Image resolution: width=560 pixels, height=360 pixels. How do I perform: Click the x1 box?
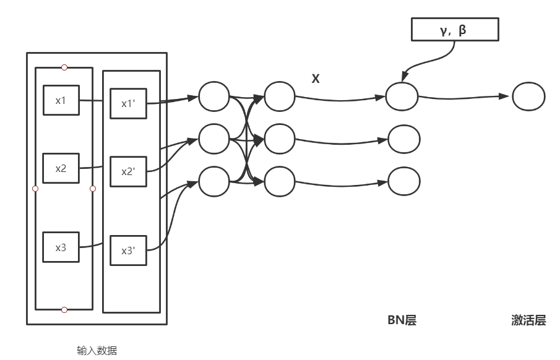coord(61,100)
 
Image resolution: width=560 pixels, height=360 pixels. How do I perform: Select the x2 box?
coord(61,168)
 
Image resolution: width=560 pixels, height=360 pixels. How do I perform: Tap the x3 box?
coord(61,247)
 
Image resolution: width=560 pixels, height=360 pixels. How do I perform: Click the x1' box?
coord(128,103)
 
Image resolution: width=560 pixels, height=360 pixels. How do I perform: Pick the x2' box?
coord(128,171)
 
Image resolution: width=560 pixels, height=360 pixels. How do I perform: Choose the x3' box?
coord(128,251)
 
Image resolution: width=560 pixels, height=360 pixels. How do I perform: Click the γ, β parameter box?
coord(455,29)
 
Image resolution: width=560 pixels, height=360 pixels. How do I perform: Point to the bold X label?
coord(315,79)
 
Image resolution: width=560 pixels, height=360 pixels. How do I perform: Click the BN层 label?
coord(401,320)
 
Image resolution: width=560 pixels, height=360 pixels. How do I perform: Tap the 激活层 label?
coord(528,320)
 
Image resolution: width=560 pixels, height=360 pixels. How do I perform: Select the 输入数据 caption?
coord(97,351)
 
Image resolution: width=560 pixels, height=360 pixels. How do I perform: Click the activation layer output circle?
coord(528,96)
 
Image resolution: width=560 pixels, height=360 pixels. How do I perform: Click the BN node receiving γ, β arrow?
coord(402,96)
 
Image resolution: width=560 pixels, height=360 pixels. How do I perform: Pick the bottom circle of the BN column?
coord(403,181)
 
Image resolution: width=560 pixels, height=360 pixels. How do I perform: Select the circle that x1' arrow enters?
coord(214,96)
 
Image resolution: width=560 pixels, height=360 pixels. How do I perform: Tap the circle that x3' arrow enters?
coord(214,181)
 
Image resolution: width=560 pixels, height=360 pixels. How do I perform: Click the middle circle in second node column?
coord(279,139)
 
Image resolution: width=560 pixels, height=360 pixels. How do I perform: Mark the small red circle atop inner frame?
coord(64,67)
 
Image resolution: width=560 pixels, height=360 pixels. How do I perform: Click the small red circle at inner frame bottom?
coord(64,309)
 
